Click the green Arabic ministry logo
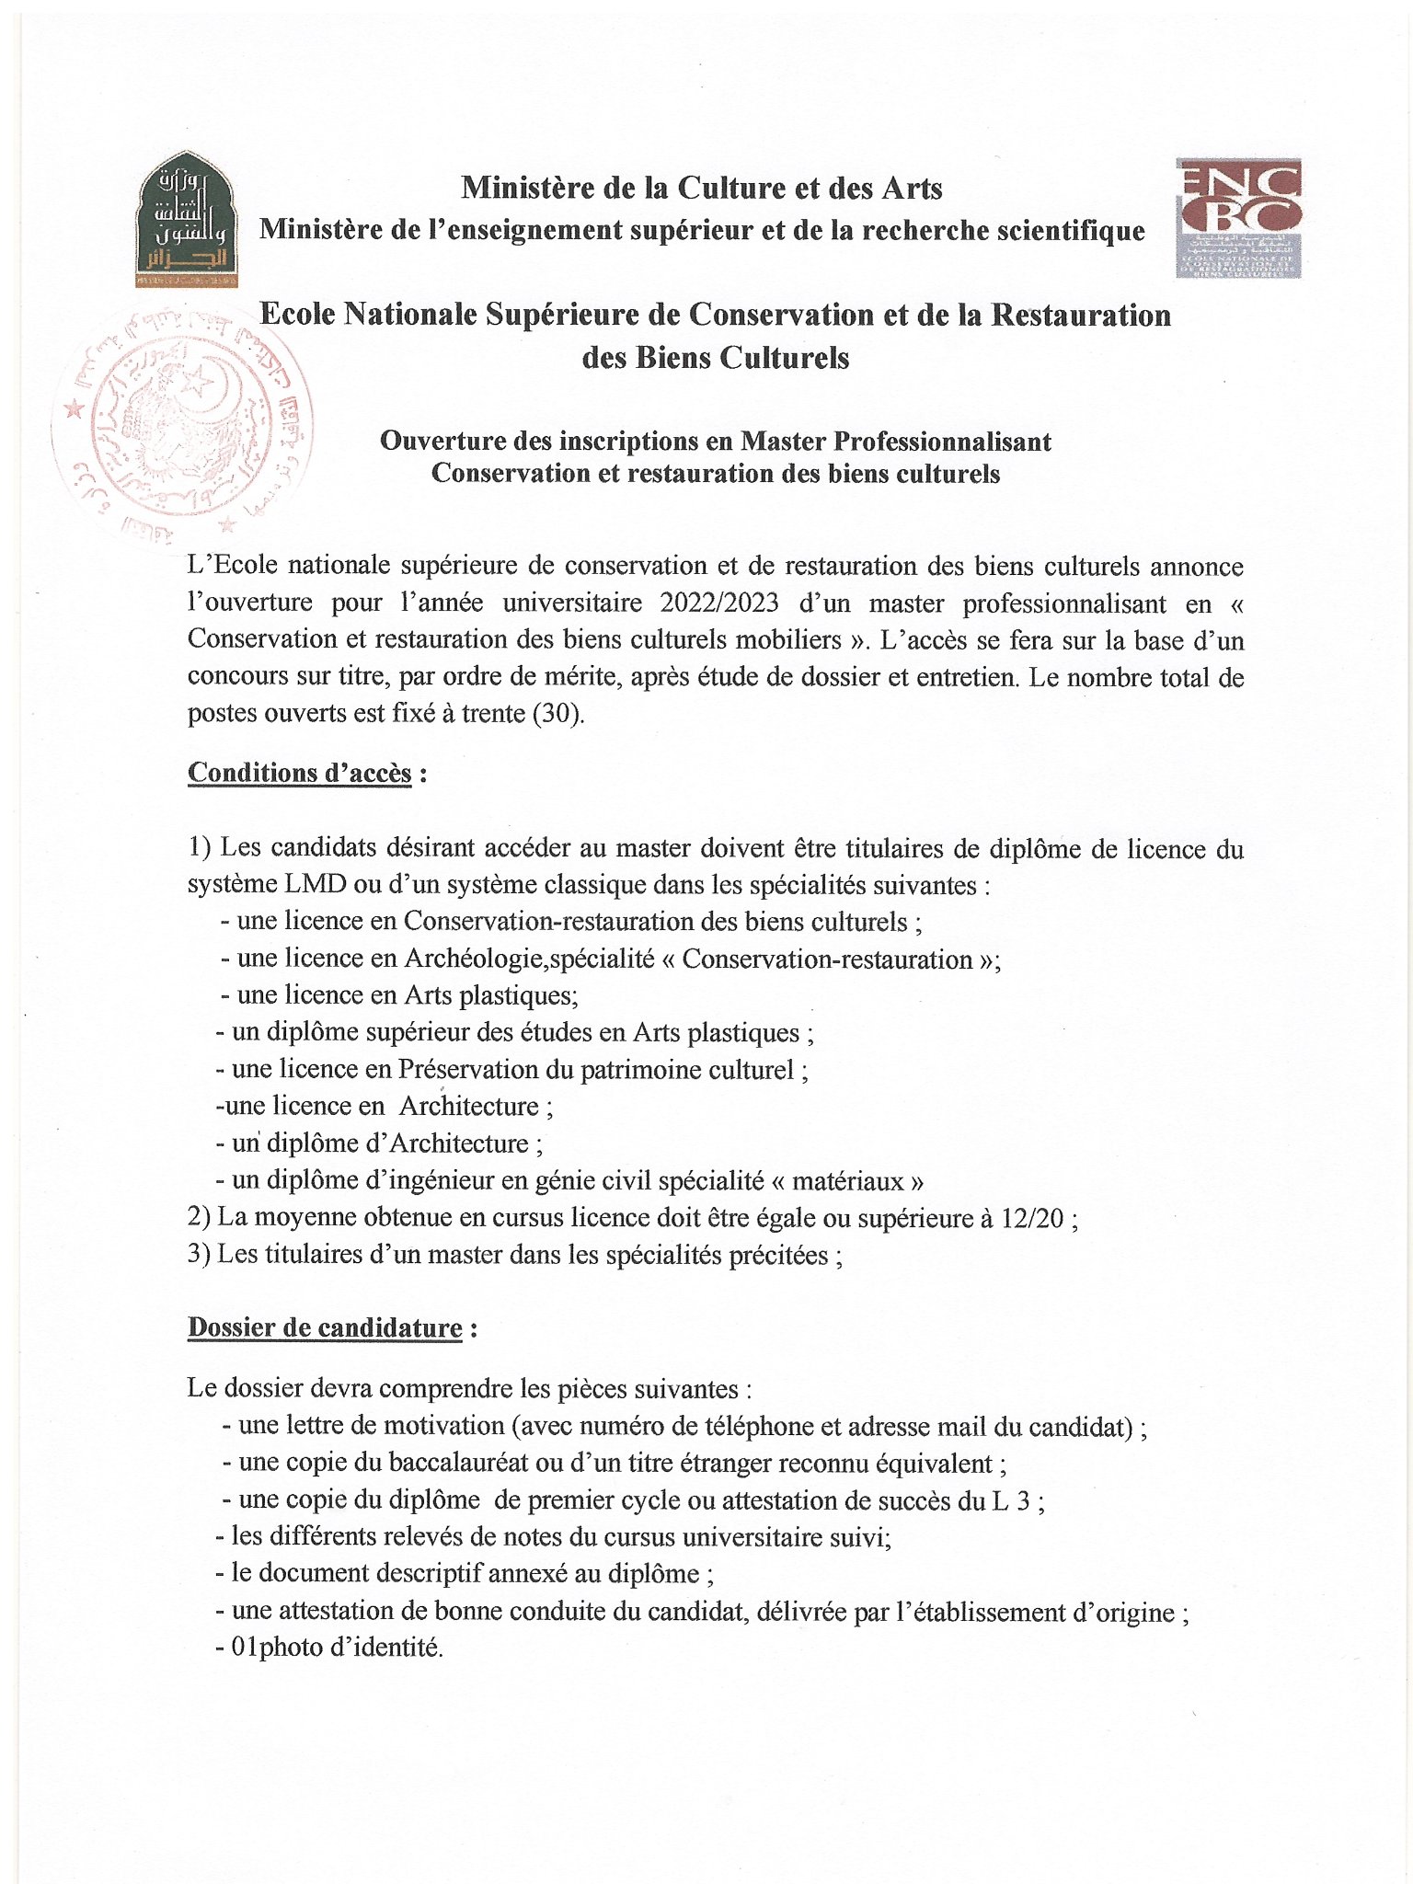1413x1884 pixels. [x=187, y=220]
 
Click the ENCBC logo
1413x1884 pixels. [x=1238, y=218]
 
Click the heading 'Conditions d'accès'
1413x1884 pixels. [x=300, y=773]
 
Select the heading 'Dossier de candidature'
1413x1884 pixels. [x=325, y=1327]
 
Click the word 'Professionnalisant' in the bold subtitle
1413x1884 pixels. [x=942, y=442]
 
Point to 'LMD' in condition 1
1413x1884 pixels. [x=316, y=885]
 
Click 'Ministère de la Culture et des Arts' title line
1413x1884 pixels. [x=702, y=189]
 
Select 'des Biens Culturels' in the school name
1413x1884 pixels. [x=715, y=357]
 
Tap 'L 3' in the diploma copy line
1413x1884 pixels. [x=1011, y=1500]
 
